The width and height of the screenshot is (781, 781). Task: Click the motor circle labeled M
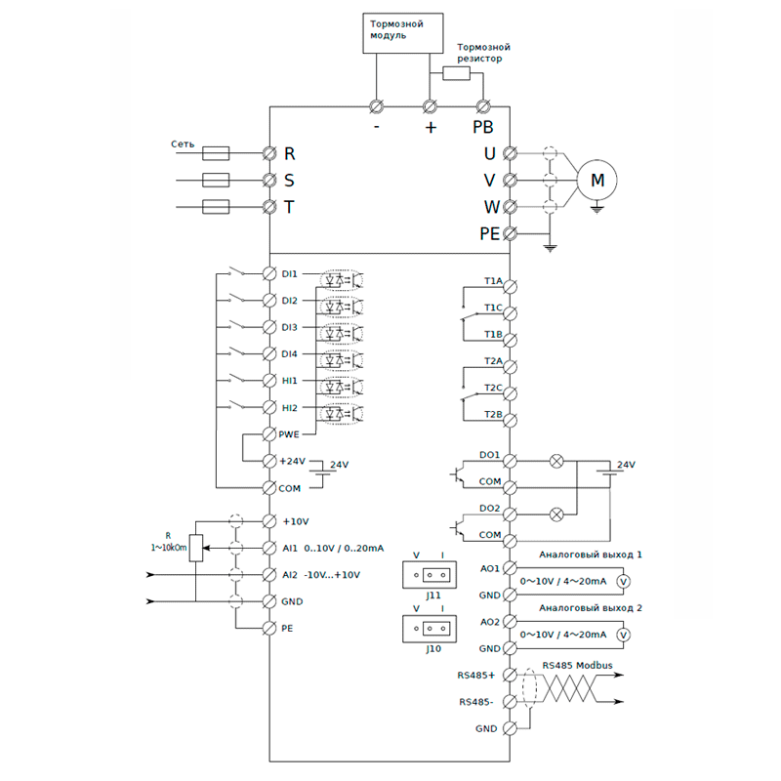pyautogui.click(x=598, y=180)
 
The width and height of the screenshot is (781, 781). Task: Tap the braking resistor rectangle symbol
pyautogui.click(x=456, y=73)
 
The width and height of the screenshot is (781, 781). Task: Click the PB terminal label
pyautogui.click(x=482, y=127)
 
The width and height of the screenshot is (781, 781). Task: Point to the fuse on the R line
pyautogui.click(x=215, y=153)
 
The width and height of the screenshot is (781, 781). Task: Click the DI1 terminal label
pyautogui.click(x=289, y=274)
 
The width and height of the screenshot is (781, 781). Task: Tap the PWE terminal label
pyautogui.click(x=291, y=433)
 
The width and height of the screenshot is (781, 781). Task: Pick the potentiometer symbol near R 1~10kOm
pyautogui.click(x=196, y=549)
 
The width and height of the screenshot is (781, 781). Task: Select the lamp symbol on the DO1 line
pyautogui.click(x=557, y=459)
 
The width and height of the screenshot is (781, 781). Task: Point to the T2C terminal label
pyautogui.click(x=493, y=389)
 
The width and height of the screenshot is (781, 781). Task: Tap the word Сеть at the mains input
pyautogui.click(x=183, y=144)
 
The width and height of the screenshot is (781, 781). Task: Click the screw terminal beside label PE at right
pyautogui.click(x=509, y=233)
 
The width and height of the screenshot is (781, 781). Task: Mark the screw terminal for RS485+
pyautogui.click(x=509, y=674)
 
